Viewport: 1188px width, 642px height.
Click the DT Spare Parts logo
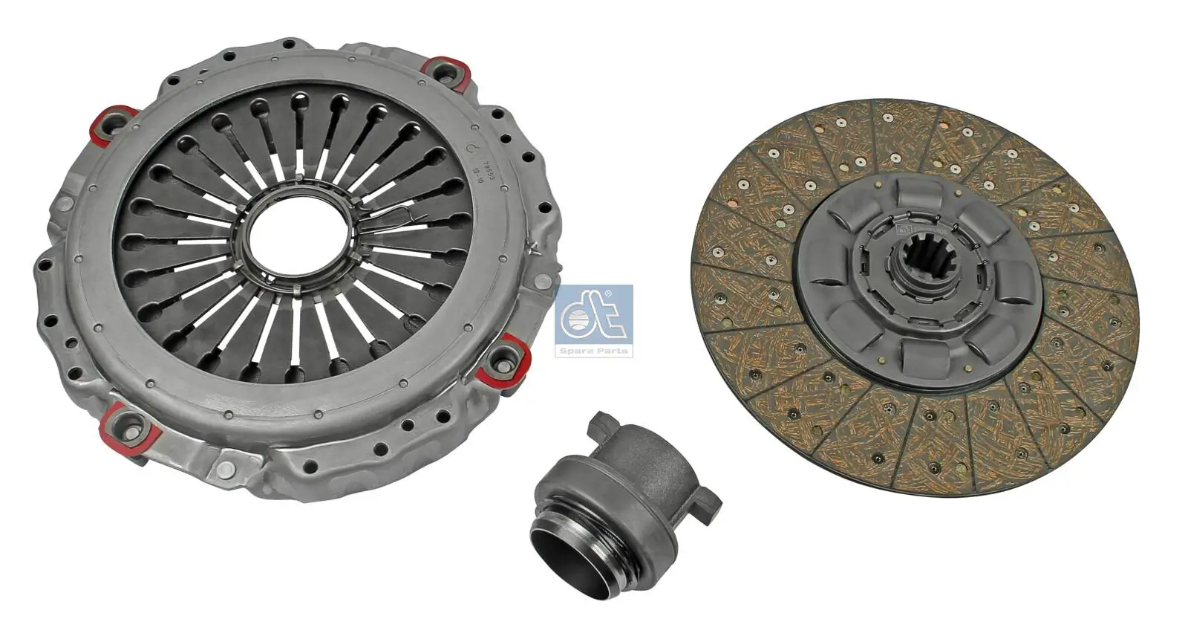click(594, 320)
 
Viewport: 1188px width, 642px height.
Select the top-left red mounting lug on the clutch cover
click(111, 123)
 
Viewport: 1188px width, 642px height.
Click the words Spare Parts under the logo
click(594, 350)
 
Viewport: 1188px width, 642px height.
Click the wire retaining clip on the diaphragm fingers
click(405, 217)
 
